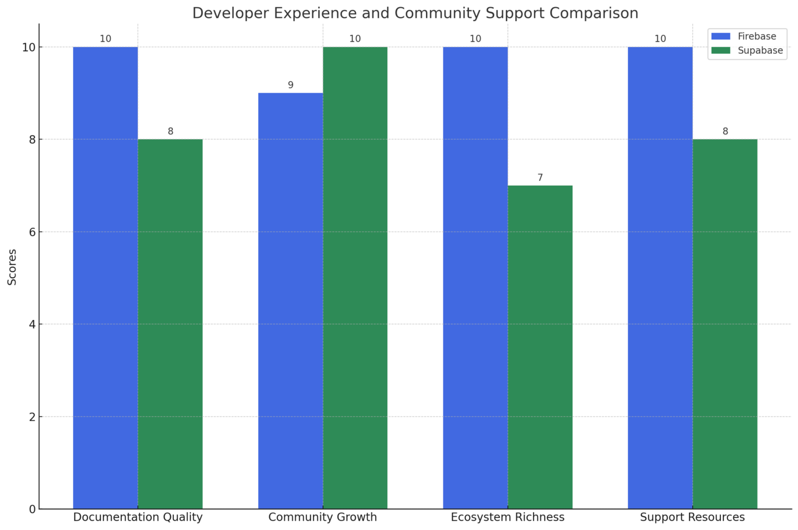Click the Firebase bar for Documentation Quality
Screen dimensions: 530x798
[x=105, y=277]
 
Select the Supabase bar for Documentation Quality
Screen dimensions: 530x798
[x=170, y=324]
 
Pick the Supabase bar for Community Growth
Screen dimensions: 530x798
[x=355, y=277]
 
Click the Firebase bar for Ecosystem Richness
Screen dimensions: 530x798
[x=475, y=277]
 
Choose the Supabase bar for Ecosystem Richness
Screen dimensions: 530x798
[x=540, y=347]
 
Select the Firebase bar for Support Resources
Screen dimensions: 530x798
[x=660, y=277]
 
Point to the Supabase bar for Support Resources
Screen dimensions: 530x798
[x=725, y=324]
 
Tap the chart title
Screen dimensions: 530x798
[x=415, y=13]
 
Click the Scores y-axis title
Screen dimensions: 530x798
[x=12, y=267]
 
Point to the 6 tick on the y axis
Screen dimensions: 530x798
[x=33, y=232]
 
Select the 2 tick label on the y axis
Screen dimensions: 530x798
[x=33, y=416]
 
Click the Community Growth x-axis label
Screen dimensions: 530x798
[x=323, y=517]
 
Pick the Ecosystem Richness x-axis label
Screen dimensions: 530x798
[x=508, y=517]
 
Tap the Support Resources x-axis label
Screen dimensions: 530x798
[x=692, y=517]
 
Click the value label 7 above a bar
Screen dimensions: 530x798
[x=540, y=178]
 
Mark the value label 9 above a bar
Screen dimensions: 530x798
[x=290, y=85]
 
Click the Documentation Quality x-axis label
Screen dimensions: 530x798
[x=138, y=517]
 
